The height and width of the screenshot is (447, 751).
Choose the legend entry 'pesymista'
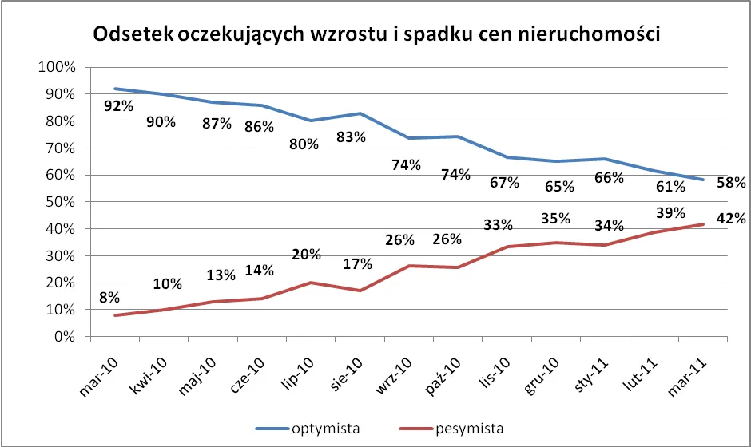point(470,429)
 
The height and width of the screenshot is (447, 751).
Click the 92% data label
point(117,105)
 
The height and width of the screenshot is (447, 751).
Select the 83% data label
point(350,136)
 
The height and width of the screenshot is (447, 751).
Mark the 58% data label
point(731,183)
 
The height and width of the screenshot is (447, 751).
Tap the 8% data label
point(109,298)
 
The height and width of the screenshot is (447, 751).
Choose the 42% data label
point(731,218)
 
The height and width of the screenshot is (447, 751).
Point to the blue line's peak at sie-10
point(360,113)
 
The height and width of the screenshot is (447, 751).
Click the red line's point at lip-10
point(311,283)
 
